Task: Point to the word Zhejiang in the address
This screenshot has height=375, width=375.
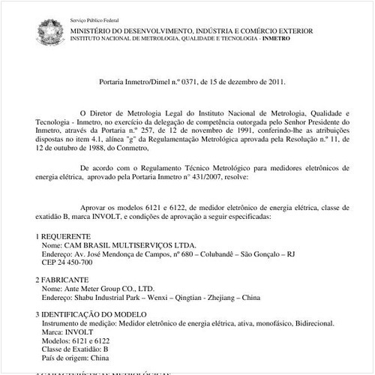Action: click(200, 298)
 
